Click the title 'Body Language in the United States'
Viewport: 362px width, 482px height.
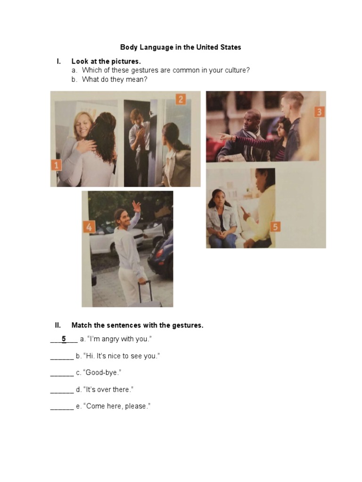pyautogui.click(x=181, y=47)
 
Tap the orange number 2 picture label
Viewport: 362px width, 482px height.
pyautogui.click(x=181, y=99)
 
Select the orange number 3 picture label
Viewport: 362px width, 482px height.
pyautogui.click(x=319, y=112)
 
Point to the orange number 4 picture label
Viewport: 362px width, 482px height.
pyautogui.click(x=89, y=227)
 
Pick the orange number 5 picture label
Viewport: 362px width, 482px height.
pyautogui.click(x=275, y=227)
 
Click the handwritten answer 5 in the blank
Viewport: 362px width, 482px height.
pyautogui.click(x=64, y=339)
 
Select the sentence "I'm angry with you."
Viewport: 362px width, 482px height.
pyautogui.click(x=115, y=339)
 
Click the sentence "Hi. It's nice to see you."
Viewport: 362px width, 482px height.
pyautogui.click(x=118, y=356)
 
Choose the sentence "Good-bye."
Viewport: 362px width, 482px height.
pyautogui.click(x=99, y=373)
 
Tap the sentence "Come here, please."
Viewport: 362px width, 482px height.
pyautogui.click(x=113, y=406)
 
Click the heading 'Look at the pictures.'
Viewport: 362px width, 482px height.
pyautogui.click(x=106, y=61)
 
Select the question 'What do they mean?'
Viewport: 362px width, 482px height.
pyautogui.click(x=115, y=79)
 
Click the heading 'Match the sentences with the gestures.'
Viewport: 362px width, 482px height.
pyautogui.click(x=137, y=325)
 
